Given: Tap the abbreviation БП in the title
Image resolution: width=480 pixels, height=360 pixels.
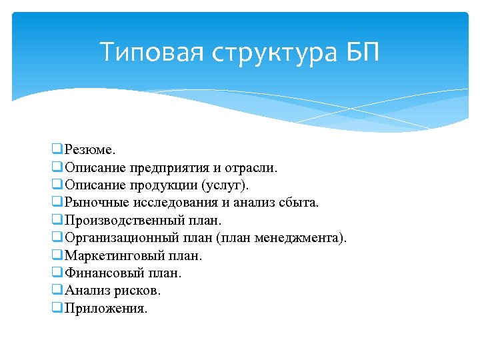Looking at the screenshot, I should coord(363,52).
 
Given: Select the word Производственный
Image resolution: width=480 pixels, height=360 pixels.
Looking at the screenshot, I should coord(124,221).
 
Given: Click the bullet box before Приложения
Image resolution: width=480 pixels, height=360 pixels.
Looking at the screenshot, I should coord(56,308).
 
